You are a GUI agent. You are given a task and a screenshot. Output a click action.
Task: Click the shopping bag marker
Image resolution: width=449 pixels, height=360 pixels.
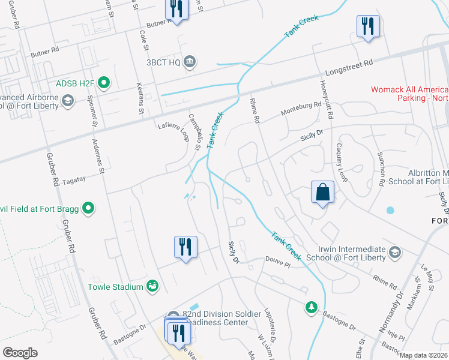[322, 193]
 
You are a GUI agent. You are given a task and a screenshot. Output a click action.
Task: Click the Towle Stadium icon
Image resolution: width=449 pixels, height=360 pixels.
[153, 287]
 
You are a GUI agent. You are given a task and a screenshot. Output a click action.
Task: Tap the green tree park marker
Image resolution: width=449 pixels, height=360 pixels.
[311, 308]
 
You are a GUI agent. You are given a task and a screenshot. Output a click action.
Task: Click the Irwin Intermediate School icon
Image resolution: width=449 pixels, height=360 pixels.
[395, 251]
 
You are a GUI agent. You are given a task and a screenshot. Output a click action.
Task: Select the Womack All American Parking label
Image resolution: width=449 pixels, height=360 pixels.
[409, 94]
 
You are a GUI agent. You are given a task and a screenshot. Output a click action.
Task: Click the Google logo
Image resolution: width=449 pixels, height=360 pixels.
[20, 353]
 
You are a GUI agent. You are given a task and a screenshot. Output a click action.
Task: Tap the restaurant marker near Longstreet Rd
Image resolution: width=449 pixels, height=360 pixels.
[368, 27]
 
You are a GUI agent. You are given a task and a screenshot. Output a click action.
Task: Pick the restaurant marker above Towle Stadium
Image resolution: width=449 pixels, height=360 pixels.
[185, 247]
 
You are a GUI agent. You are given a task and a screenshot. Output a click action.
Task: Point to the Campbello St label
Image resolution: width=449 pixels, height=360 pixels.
[194, 131]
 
